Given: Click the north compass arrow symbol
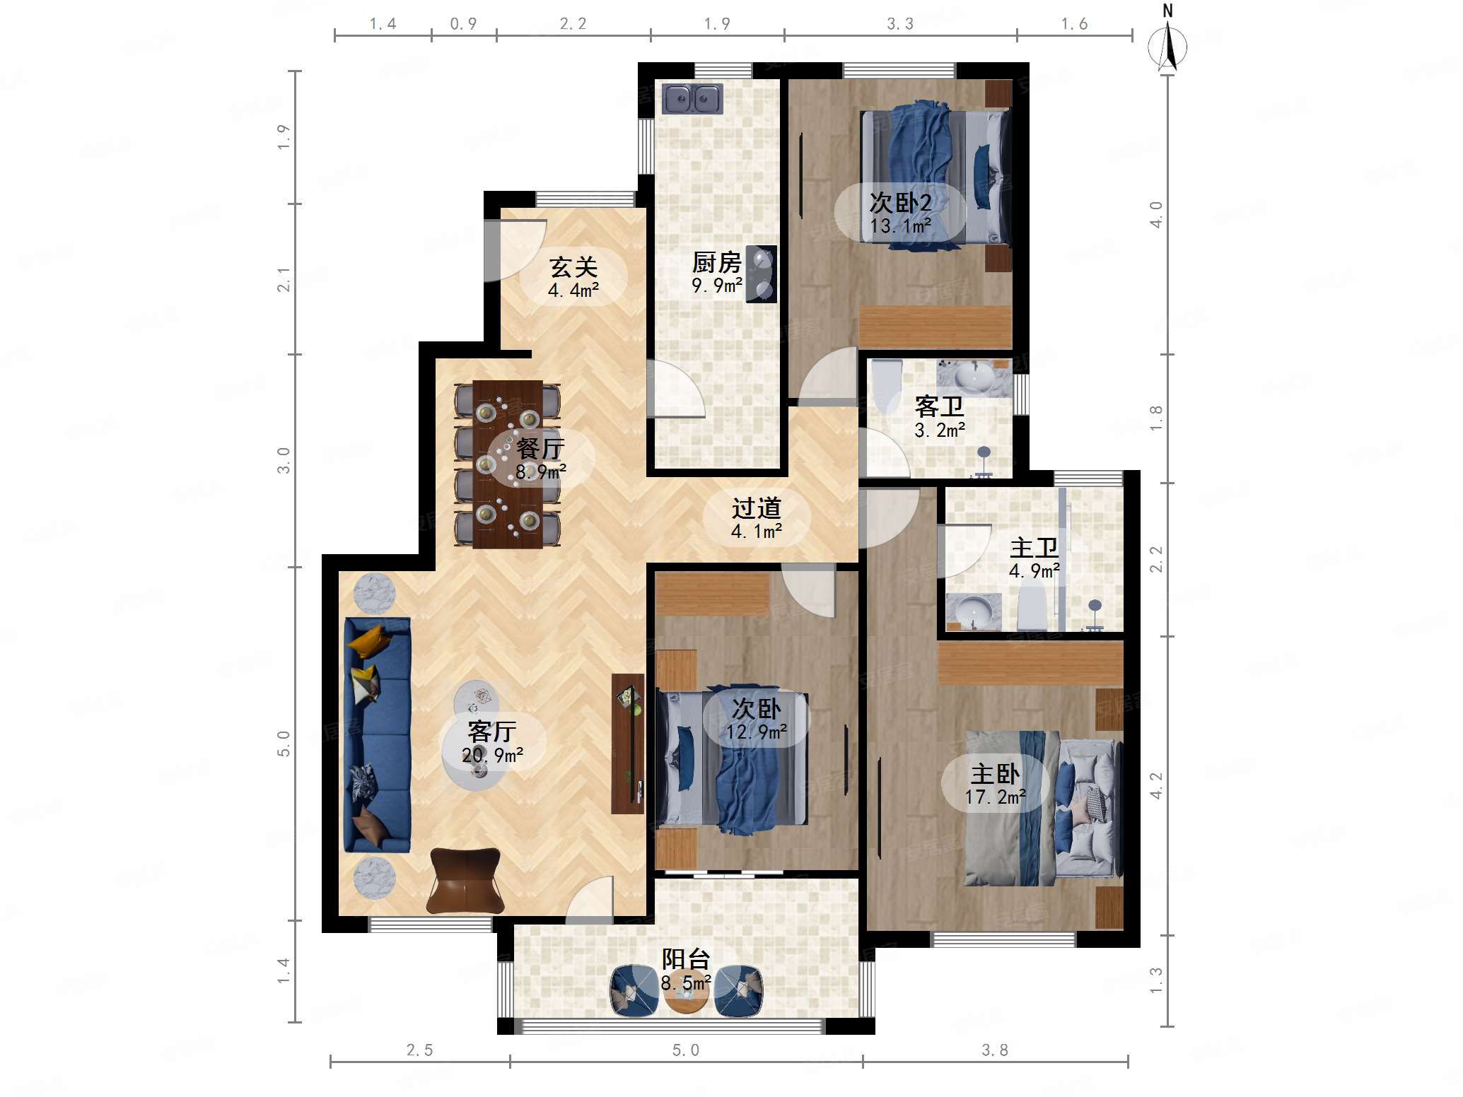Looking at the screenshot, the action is (1167, 47).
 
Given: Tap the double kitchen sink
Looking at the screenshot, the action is (692, 98).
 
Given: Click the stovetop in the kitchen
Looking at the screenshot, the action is (762, 274).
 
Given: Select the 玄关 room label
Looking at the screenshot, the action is (573, 267).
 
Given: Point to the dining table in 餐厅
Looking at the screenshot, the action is (508, 464).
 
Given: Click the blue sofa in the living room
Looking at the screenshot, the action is (377, 735).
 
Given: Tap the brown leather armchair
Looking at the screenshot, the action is (465, 881).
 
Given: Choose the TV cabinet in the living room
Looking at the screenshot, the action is (628, 744).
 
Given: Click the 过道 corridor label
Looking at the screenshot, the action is (757, 508).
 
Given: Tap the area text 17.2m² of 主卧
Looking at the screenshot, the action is (996, 797).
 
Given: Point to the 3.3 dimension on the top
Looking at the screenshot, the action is (900, 24).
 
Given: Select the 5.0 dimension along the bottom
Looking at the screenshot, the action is (685, 1050).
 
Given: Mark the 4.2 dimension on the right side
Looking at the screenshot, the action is (1156, 785).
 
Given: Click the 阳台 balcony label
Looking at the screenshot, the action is (686, 958).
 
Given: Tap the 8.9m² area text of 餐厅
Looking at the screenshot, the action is (541, 471).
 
